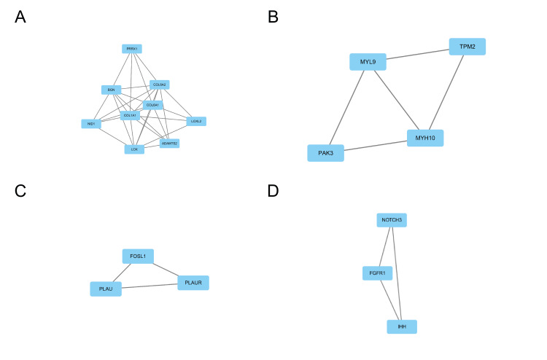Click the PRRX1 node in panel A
pos(131,49)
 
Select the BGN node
pos(111,90)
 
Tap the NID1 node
pos(91,124)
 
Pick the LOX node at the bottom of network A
pos(133,149)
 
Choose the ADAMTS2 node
pos(169,143)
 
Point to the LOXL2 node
pos(196,121)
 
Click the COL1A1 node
pos(130,115)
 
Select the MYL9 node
pos(368,62)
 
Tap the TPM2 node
pos(467,47)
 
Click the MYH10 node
pos(425,138)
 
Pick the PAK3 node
pos(325,153)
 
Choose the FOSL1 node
pos(138,257)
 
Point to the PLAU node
pos(106,289)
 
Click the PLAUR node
pos(193,282)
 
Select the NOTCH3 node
pos(391,220)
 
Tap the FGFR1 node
pos(378,273)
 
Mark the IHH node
pos(402,326)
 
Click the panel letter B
pos(273,17)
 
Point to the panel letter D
pos(273,191)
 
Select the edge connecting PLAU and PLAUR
pos(150,286)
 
